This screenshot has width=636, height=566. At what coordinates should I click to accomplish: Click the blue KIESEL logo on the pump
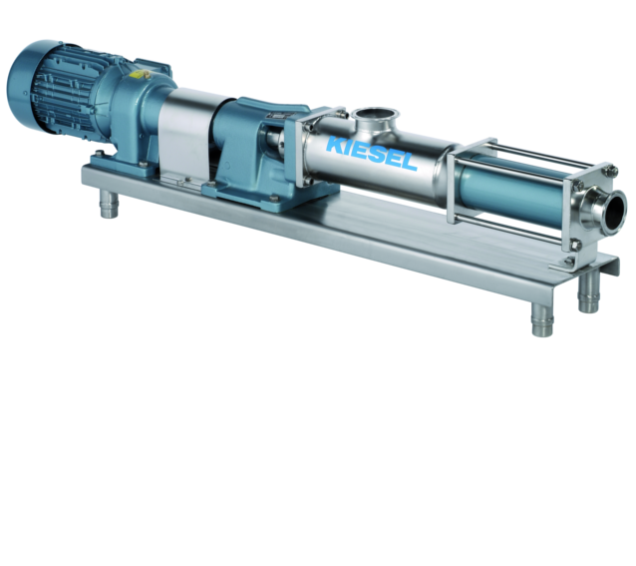(x=371, y=154)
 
